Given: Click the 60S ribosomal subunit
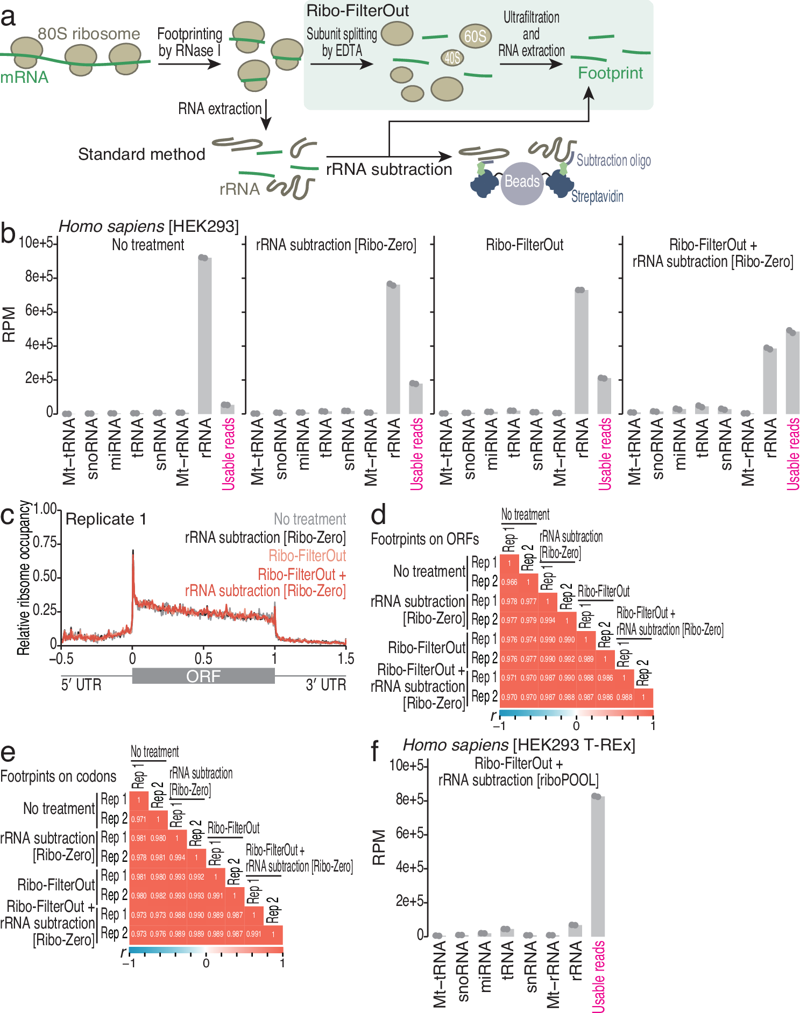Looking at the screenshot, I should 475,36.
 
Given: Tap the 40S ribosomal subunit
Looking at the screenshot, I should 452,58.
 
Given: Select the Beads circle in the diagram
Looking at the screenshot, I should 522,182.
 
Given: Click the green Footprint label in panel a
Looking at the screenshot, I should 610,73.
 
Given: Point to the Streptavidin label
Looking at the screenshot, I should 597,196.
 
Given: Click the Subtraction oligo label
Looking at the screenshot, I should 613,160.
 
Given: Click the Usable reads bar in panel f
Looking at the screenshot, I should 598,866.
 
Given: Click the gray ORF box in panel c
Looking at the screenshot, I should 203,676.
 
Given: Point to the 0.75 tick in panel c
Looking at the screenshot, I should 45,542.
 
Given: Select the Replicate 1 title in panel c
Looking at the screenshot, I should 106,519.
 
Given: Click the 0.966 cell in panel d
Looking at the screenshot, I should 509,582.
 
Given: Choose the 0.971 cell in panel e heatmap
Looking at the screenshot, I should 139,819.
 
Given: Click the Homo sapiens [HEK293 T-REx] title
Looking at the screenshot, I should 519,745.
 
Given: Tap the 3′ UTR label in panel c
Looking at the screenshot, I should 325,685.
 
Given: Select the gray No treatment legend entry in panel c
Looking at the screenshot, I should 310,519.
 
